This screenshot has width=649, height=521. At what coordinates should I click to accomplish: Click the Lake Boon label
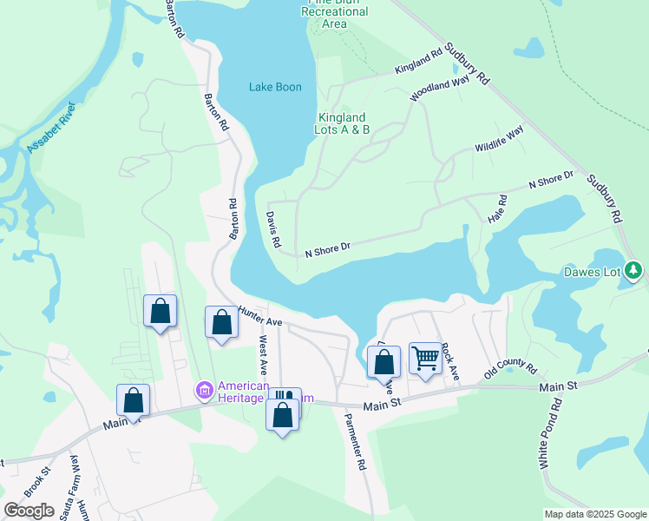tap(275, 87)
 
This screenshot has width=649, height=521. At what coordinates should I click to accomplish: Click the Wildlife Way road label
tap(499, 139)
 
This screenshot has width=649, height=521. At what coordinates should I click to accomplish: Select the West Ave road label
tap(263, 356)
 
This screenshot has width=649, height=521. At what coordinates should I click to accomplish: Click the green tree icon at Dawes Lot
tap(634, 271)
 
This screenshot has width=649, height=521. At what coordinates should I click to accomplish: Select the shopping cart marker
tap(425, 357)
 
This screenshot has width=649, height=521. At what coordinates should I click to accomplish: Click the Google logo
tap(29, 510)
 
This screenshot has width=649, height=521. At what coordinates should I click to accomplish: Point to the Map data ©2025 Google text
tap(595, 514)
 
